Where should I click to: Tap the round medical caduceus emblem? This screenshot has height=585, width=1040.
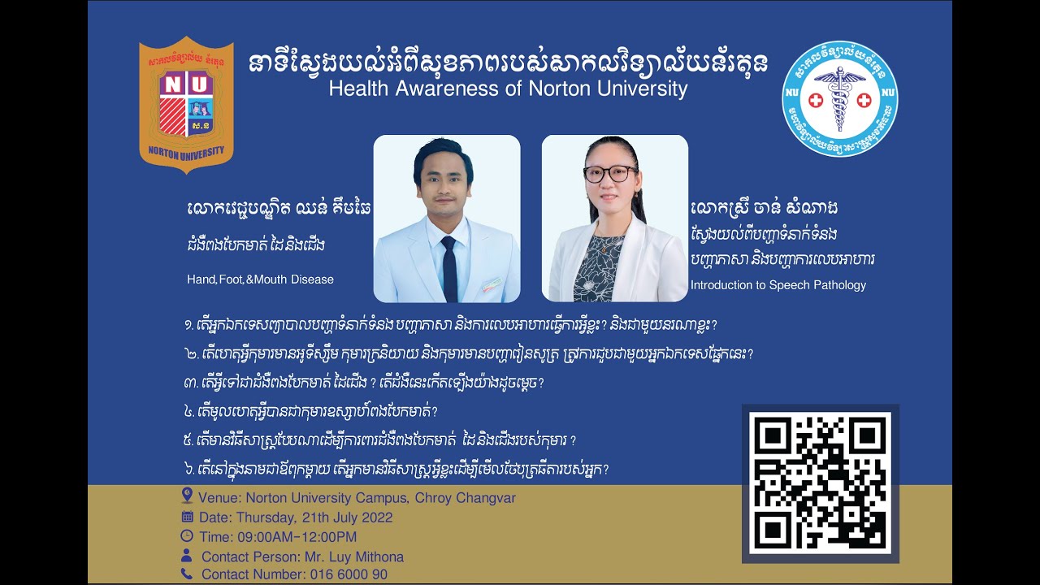839,98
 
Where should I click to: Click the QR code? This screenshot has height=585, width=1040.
821,483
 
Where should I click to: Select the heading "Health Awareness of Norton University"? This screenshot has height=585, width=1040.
508,89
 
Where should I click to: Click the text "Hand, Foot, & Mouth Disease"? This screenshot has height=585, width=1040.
260,279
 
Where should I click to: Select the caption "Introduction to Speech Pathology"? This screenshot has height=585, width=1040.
778,285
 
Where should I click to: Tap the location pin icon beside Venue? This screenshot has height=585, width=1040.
187,496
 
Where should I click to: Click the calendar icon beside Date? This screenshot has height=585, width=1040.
187,517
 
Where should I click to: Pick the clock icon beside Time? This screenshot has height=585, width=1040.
187,536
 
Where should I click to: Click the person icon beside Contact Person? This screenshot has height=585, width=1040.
187,557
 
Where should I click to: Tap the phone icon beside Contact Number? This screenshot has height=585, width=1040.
187,574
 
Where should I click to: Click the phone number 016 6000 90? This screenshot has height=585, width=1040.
349,574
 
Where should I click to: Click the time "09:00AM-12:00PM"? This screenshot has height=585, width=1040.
297,537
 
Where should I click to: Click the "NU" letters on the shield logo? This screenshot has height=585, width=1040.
186,84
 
